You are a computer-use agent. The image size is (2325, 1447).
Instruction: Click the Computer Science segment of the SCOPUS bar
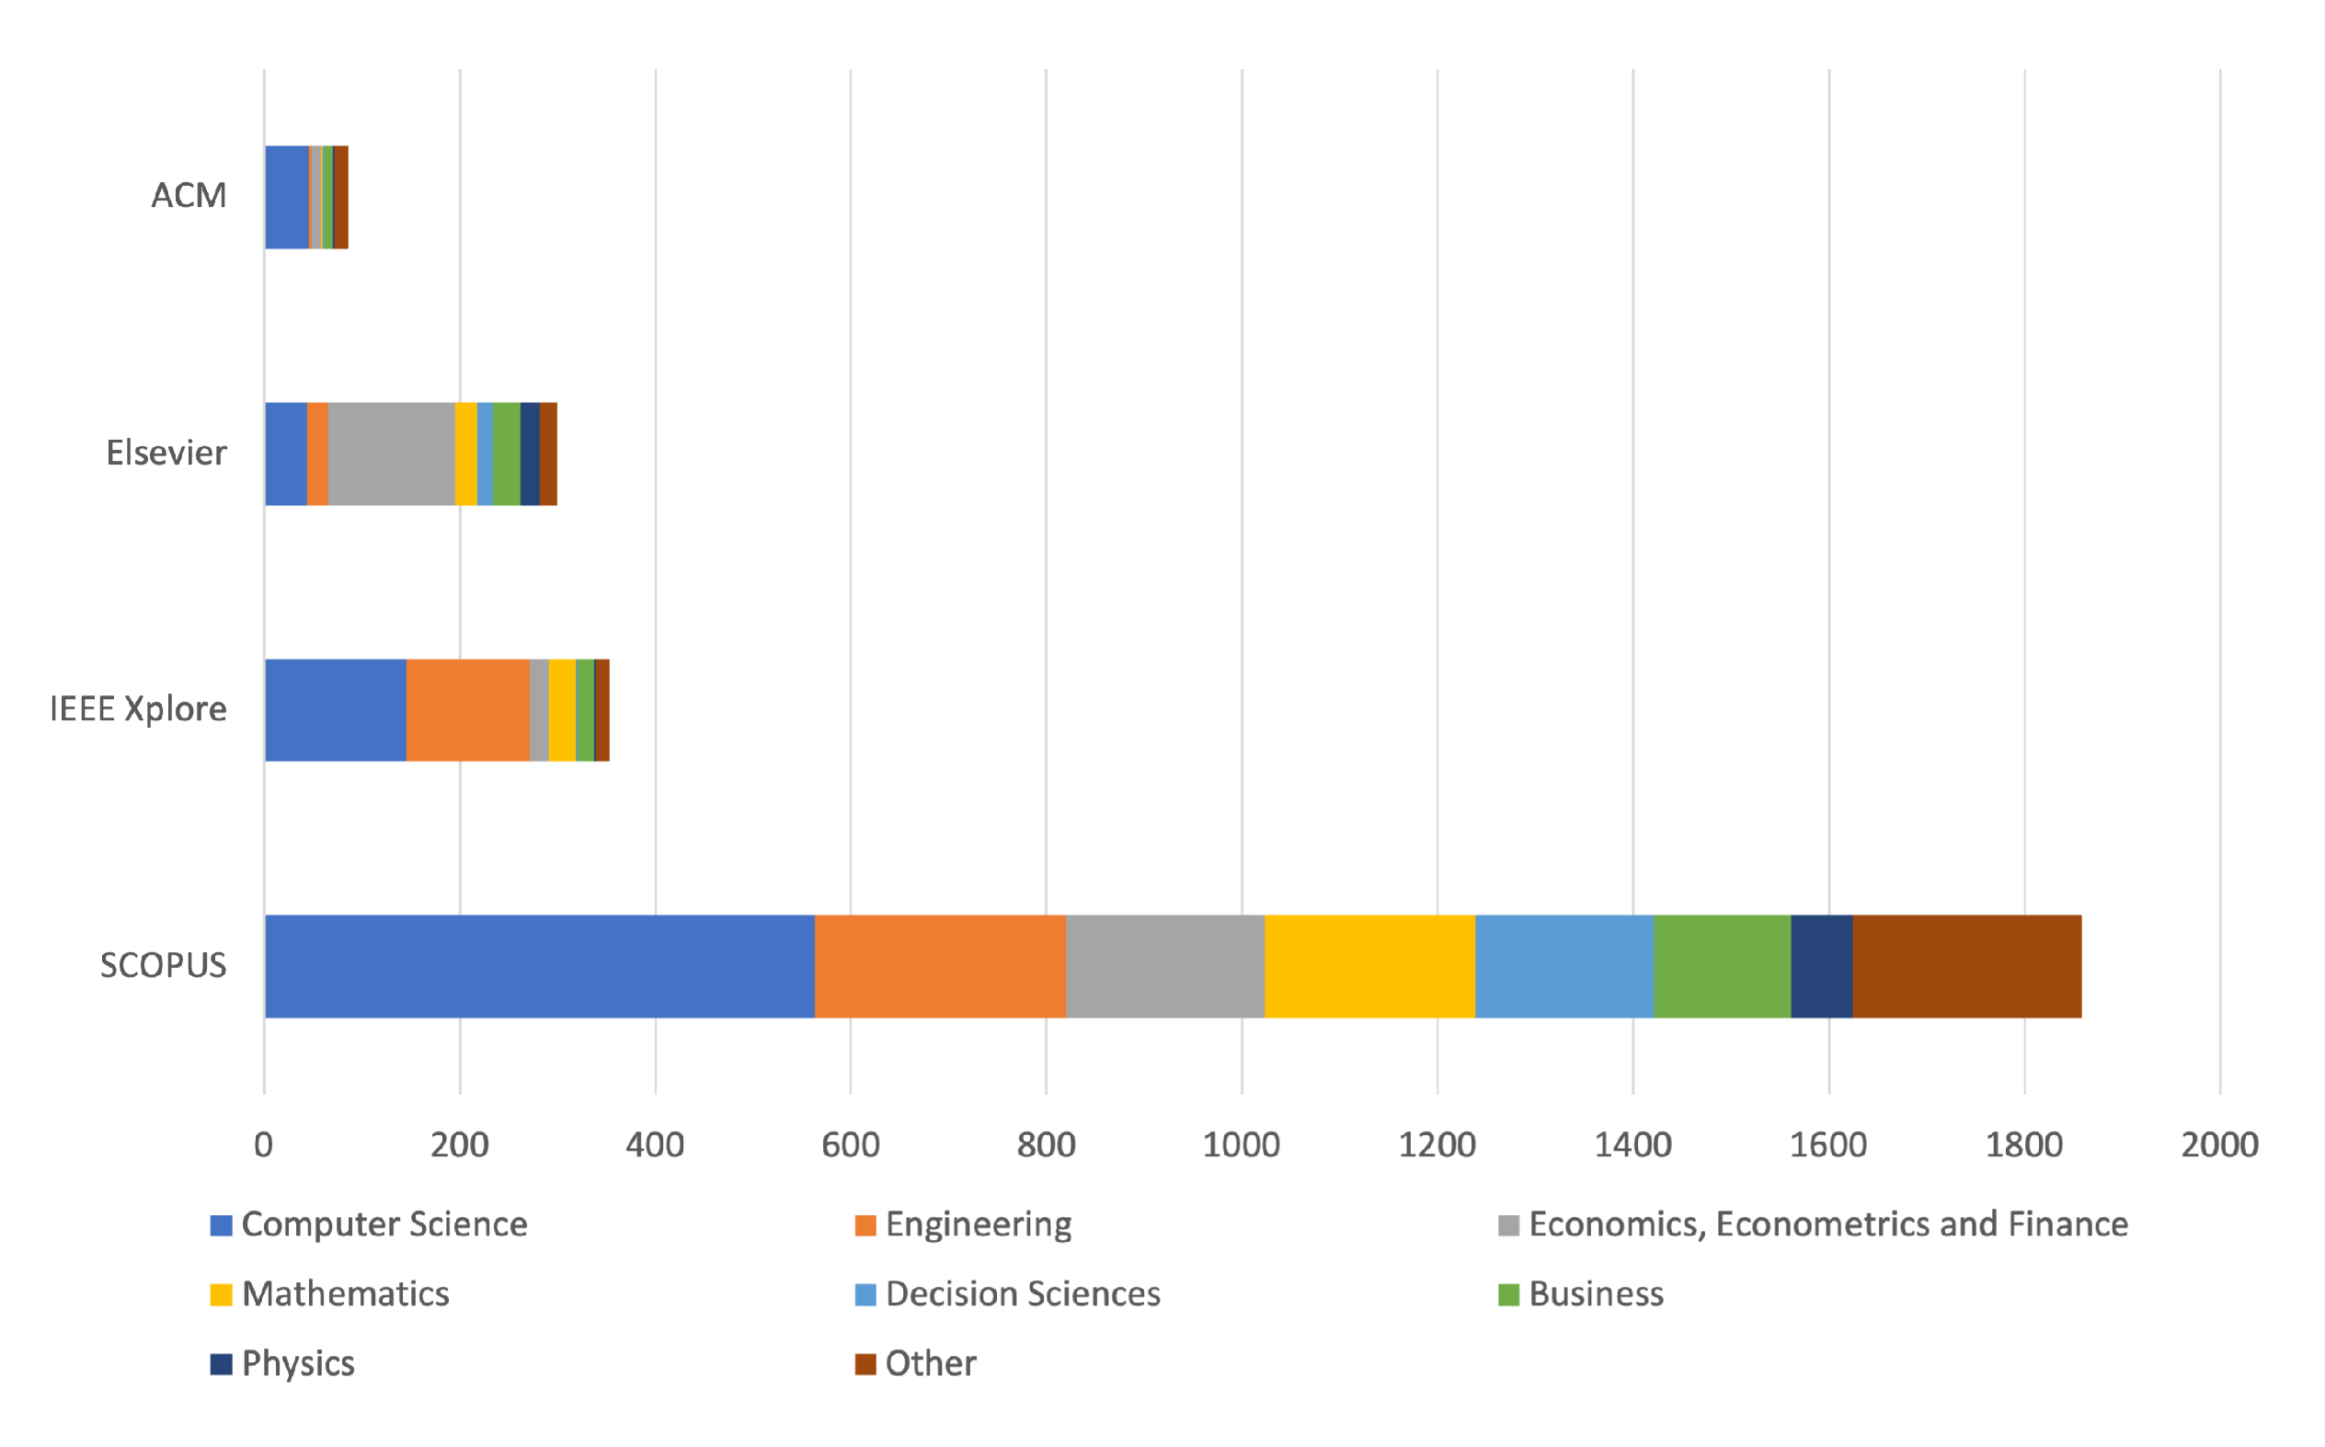[540, 967]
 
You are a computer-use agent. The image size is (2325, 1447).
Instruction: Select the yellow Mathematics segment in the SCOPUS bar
[1369, 967]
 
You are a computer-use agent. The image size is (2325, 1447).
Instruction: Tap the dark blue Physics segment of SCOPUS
[1821, 967]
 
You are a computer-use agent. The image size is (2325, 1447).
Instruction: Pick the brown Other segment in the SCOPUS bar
[1966, 967]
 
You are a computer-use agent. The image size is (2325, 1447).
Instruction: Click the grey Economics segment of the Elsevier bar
[391, 454]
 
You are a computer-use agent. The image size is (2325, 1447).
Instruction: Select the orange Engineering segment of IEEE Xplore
[468, 710]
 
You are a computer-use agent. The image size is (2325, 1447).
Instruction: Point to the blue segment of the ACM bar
[287, 197]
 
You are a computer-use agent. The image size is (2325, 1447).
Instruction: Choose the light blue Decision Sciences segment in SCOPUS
[1563, 967]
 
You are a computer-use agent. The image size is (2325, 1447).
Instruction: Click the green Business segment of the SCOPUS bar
[1722, 967]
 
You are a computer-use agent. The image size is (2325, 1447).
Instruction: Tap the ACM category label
[189, 196]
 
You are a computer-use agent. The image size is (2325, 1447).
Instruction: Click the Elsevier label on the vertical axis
[166, 453]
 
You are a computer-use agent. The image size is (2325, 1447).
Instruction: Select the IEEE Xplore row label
[139, 709]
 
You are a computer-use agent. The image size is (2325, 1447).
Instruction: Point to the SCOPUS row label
[164, 966]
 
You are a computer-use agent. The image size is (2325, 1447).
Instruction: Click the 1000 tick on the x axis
[1241, 1145]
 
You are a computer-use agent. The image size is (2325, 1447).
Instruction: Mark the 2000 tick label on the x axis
[2219, 1145]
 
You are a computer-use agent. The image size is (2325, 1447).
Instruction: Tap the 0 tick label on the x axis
[263, 1145]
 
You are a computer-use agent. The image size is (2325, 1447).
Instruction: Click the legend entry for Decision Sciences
[1022, 1294]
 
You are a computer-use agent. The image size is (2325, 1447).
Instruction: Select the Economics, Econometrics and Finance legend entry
[1827, 1224]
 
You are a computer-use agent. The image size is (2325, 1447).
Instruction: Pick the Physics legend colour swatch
[221, 1363]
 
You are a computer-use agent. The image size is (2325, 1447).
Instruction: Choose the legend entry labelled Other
[930, 1363]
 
